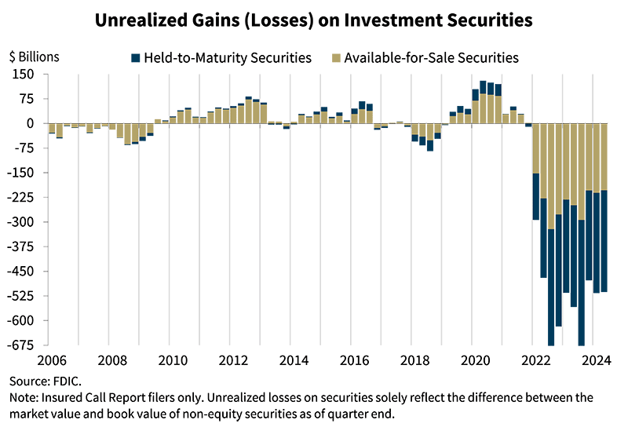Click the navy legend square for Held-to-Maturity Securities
[136, 57]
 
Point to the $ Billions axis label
[34, 57]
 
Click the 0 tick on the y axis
[30, 123]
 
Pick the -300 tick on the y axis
[22, 222]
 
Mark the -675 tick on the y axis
[22, 345]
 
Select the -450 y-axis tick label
[22, 272]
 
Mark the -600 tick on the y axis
[22, 320]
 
